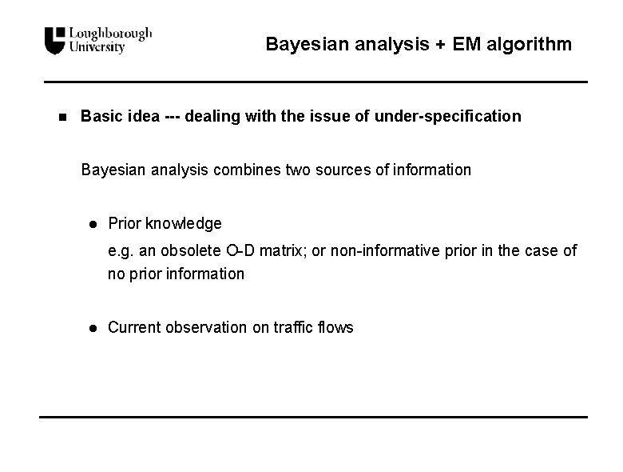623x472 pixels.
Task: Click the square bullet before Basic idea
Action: click(62, 117)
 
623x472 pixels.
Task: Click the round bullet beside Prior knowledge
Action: click(93, 223)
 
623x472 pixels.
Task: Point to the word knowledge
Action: click(184, 223)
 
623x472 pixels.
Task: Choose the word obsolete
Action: click(190, 250)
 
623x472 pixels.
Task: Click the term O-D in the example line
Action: click(242, 250)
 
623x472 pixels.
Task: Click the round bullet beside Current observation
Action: click(93, 327)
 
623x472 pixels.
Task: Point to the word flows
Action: click(335, 327)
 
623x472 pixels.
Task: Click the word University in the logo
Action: click(97, 47)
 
